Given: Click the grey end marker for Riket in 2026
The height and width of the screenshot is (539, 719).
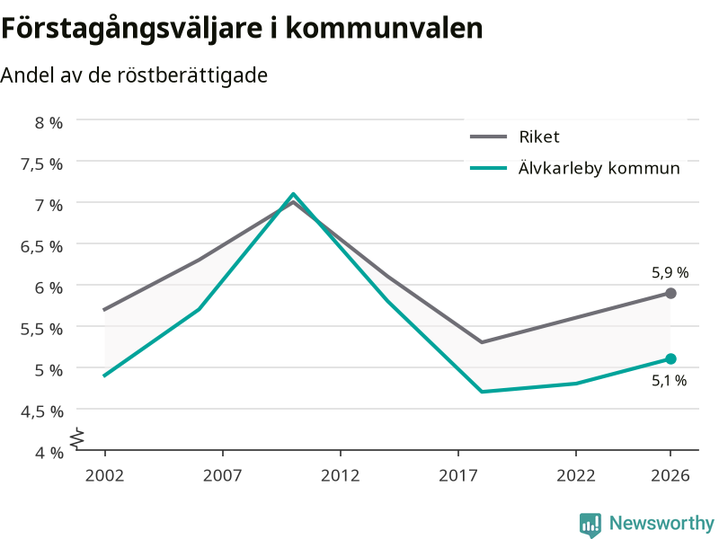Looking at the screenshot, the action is [x=670, y=294].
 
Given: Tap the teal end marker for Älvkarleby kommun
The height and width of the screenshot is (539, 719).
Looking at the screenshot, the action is [x=670, y=358].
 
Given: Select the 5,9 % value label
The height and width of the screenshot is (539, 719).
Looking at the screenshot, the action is [x=670, y=273].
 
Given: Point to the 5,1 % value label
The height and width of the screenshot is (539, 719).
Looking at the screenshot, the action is [x=669, y=380].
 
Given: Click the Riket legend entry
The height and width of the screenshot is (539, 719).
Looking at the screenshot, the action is [x=514, y=137].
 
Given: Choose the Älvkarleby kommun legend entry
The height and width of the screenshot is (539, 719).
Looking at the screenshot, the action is [x=575, y=168].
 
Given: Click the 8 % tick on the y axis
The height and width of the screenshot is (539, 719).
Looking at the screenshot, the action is [x=49, y=122].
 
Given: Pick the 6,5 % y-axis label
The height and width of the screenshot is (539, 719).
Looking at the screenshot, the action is [x=41, y=246].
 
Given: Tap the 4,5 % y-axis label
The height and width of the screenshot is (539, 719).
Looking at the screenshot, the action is [x=41, y=411].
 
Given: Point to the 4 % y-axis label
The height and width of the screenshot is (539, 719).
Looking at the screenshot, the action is [x=49, y=453].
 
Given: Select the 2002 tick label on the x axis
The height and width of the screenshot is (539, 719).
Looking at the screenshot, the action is [x=104, y=475].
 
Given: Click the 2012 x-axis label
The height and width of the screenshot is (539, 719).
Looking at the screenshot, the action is [x=341, y=475].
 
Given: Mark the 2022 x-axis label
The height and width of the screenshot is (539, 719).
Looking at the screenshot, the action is [x=576, y=475].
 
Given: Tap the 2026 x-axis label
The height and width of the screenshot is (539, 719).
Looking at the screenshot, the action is [x=670, y=475].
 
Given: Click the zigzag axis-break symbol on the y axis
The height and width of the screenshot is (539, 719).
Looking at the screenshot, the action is [x=77, y=438].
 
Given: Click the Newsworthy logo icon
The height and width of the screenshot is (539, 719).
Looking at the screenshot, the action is [x=590, y=525].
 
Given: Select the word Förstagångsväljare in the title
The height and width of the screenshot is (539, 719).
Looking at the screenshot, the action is [x=132, y=29].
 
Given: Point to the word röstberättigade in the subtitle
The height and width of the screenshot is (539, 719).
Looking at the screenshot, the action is [x=192, y=75].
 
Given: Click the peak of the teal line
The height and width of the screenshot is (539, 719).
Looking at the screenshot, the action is [x=293, y=194].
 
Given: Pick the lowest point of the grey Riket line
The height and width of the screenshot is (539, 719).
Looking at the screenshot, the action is [x=482, y=342].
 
